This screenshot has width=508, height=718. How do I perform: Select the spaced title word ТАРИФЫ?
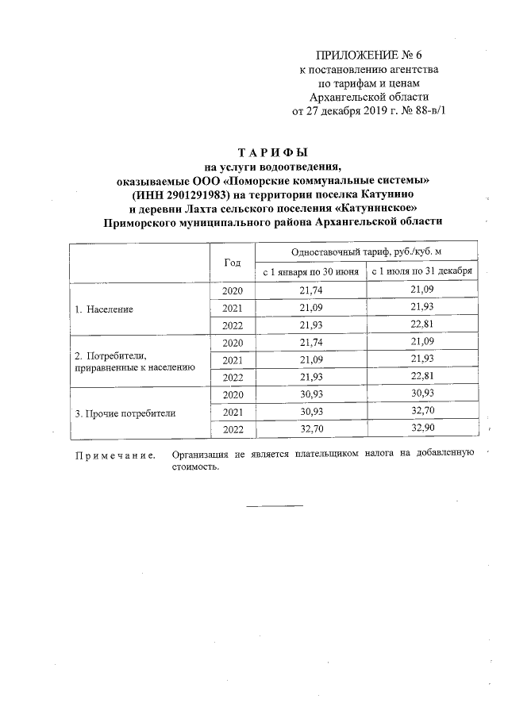(x=272, y=152)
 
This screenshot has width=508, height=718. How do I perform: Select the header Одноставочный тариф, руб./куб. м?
(x=366, y=251)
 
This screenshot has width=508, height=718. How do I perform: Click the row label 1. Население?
(x=103, y=309)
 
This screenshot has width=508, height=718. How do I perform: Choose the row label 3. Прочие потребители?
(x=125, y=413)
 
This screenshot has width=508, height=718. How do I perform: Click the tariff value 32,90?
(x=422, y=431)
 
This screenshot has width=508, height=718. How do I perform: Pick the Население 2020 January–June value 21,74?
(x=310, y=291)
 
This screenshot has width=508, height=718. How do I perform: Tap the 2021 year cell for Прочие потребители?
(x=232, y=413)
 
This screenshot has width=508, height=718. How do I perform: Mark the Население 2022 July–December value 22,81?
(x=422, y=326)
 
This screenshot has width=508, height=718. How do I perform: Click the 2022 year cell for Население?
(x=232, y=326)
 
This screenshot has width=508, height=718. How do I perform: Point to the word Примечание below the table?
(x=114, y=455)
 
